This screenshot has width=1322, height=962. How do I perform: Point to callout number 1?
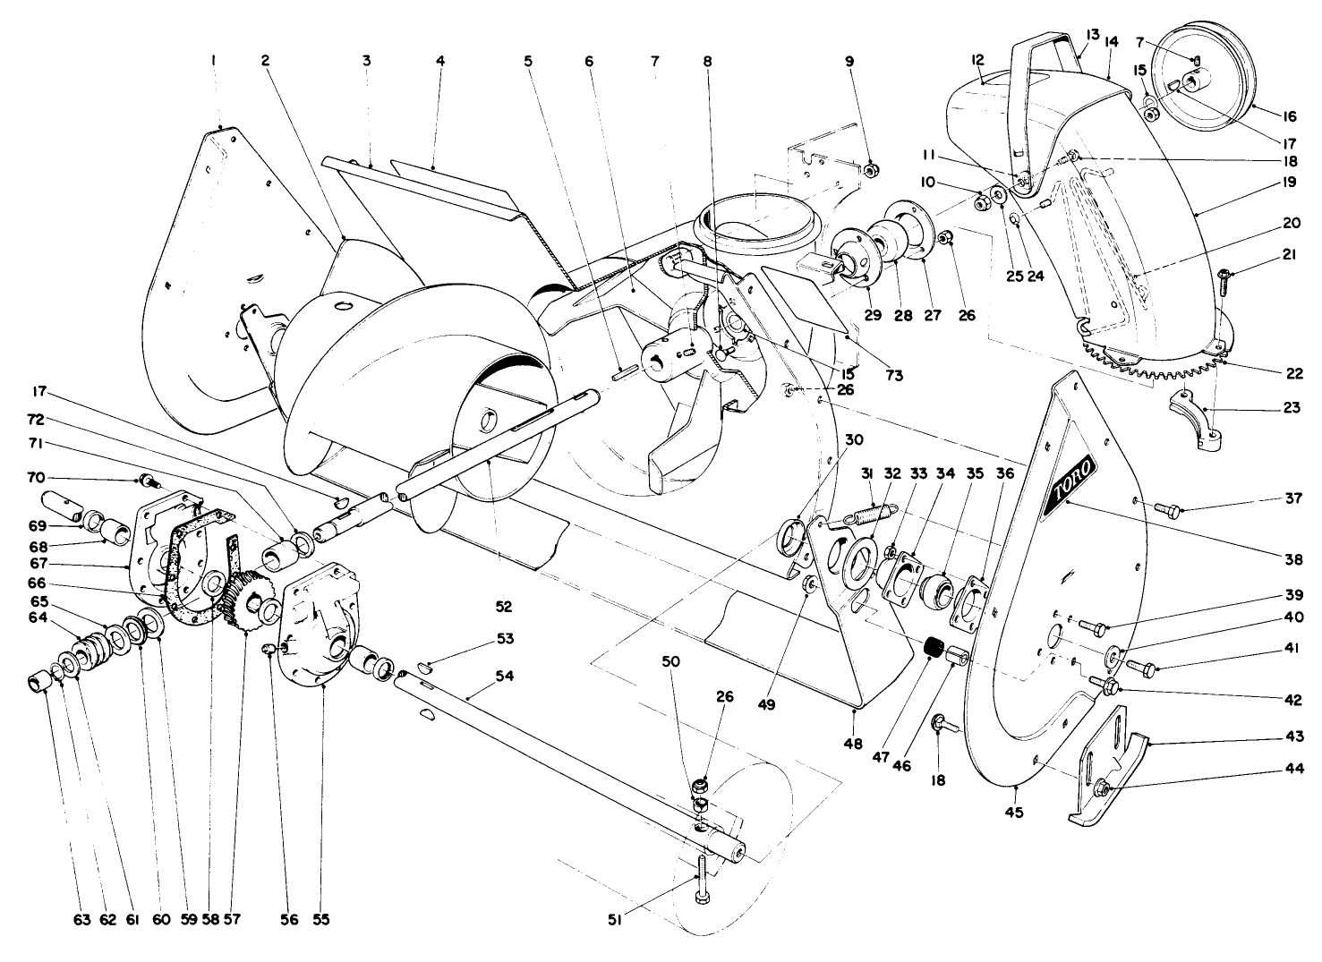point(213,61)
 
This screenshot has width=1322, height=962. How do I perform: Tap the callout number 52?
point(504,607)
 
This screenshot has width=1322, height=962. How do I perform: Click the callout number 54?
point(505,677)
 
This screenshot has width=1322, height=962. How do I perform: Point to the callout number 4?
point(439,61)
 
